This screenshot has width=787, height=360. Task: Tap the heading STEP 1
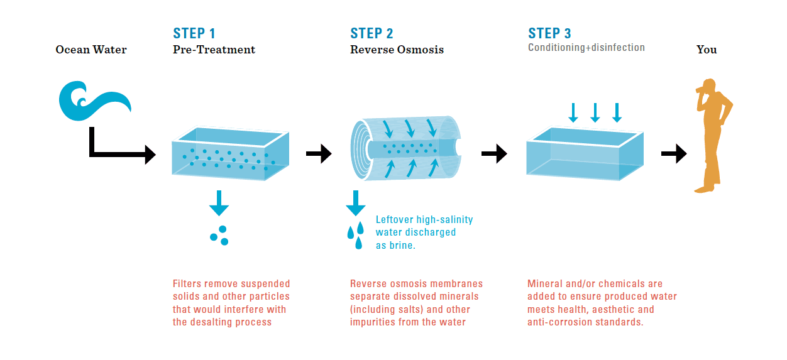coord(194,33)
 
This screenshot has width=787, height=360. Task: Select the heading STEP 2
coord(371,33)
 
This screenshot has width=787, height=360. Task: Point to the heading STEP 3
coord(549,33)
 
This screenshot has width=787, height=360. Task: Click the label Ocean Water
coord(91,50)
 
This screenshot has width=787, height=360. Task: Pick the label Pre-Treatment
coord(214,50)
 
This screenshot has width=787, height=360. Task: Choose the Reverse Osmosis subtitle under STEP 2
coord(397,50)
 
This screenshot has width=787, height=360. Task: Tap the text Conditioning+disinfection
coord(586,48)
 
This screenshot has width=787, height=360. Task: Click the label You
coord(707,50)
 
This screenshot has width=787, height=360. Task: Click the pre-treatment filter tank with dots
coord(229,154)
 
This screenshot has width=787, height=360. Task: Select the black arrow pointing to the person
coord(674,153)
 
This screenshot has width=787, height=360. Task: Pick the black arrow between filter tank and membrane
coord(319,153)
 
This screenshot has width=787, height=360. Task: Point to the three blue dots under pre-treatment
coord(219,236)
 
